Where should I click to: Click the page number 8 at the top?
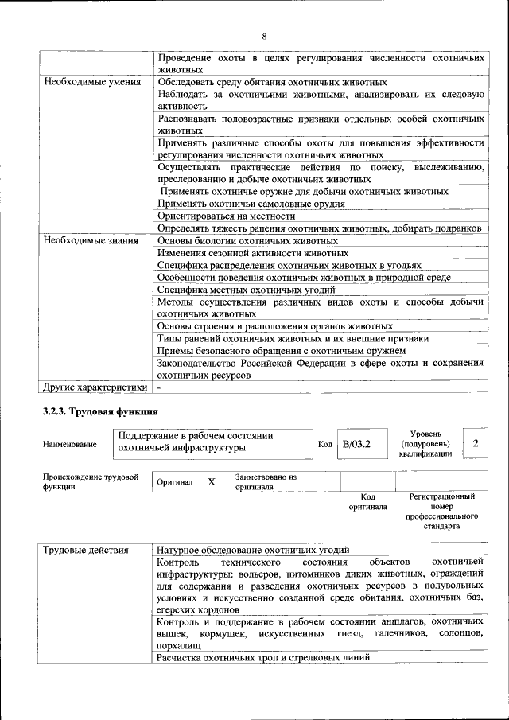pos(264,37)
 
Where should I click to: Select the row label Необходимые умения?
pos(92,81)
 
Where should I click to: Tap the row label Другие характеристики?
pos(95,387)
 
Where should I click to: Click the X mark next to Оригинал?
pos(211,482)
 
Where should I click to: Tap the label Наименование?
pos(71,444)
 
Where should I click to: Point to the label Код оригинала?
pos(367,501)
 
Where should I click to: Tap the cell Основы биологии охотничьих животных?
pos(248,240)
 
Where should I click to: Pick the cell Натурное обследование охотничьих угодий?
pos(253,549)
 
